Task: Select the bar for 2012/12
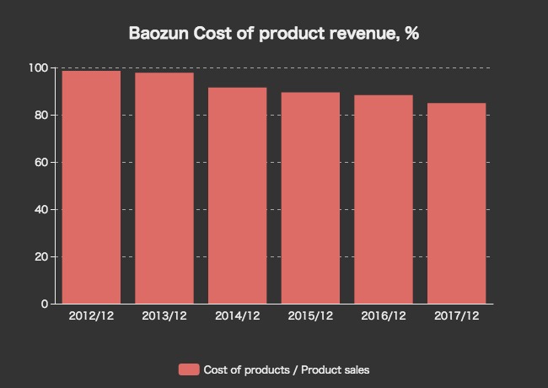91,187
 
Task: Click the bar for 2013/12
164,188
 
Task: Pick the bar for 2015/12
310,198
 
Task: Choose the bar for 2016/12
384,199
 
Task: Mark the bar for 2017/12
457,203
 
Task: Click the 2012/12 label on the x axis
91,316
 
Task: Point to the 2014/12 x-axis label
238,316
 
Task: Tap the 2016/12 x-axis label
384,316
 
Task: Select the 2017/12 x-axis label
457,316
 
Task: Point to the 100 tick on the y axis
39,67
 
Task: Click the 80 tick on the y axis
41,115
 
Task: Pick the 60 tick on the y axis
41,162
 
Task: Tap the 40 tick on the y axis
41,209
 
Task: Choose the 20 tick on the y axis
41,256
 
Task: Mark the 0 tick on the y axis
45,304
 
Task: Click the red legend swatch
189,369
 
